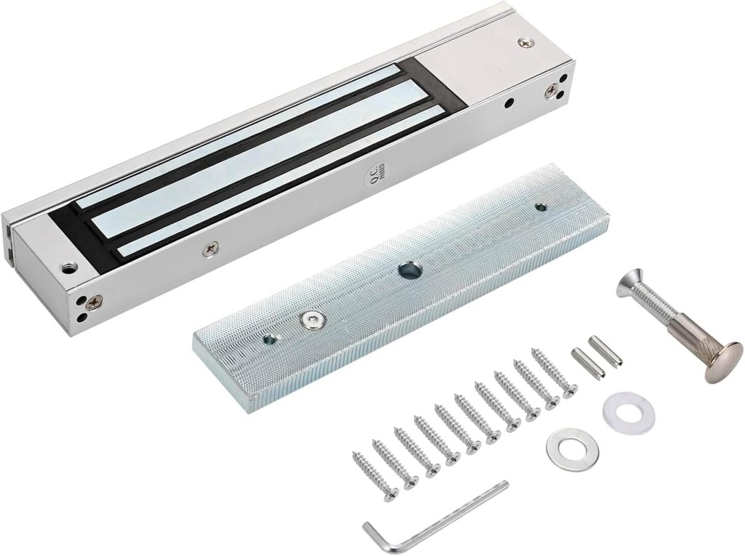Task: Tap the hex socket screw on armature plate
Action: (x=311, y=320)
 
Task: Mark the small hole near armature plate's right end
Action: (x=540, y=207)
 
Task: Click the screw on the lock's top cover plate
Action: (x=525, y=45)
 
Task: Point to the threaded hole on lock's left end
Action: (x=68, y=267)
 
